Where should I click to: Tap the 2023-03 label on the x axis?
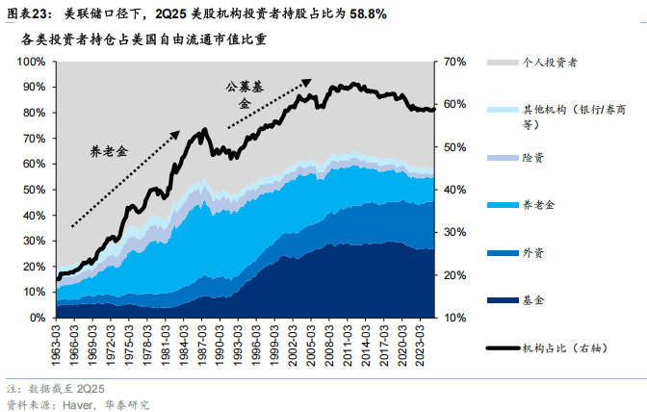(418, 338)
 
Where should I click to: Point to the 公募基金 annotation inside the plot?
(244, 92)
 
